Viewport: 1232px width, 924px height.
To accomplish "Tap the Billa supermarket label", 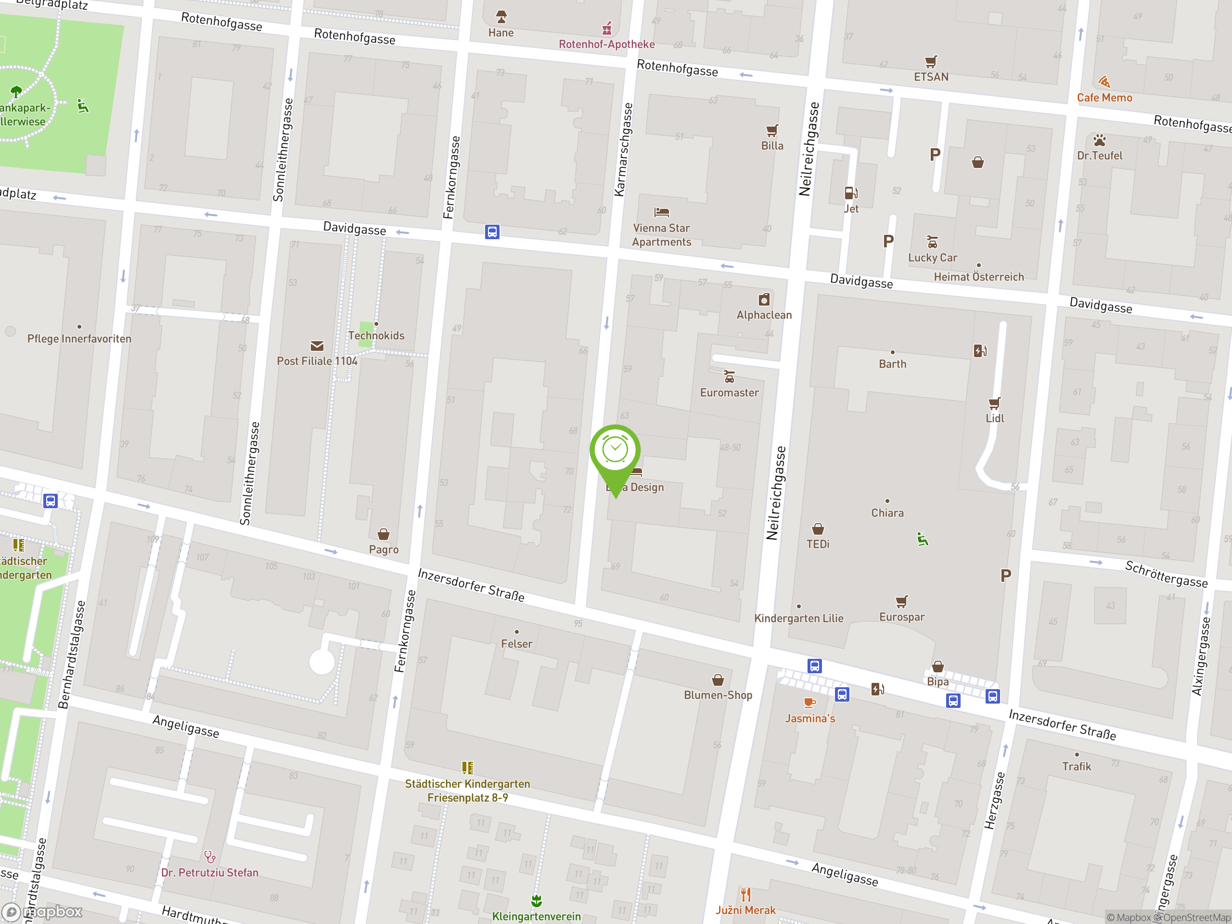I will tap(772, 146).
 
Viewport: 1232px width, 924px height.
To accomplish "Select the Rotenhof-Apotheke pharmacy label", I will tap(606, 45).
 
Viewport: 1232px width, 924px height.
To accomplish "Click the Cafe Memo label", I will tap(1104, 98).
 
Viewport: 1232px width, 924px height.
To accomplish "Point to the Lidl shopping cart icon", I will tap(994, 403).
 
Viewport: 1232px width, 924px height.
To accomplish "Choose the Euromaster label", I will tap(729, 393).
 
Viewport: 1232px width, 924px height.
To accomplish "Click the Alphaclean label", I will tap(764, 315).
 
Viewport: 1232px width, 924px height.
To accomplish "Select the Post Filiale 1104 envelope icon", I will tap(317, 346).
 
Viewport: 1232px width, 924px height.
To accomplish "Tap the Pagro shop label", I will tap(384, 550).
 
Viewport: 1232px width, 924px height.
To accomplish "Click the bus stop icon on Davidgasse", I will tap(492, 231).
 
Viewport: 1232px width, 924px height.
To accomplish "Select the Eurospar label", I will tap(902, 617).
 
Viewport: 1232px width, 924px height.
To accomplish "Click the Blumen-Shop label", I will tap(718, 695).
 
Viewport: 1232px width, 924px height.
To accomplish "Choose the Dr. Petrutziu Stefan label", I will tap(209, 873).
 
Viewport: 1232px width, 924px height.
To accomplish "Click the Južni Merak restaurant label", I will tap(745, 910).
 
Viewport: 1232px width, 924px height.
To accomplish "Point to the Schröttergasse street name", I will tap(1166, 574).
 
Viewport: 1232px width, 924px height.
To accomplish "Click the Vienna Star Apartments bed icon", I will tap(661, 212).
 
